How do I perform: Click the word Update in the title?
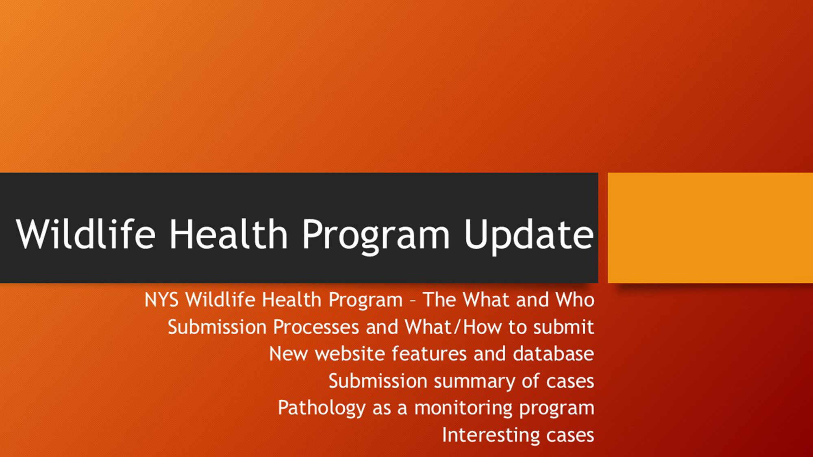click(529, 235)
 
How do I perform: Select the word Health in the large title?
click(228, 234)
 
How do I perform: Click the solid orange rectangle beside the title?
click(710, 227)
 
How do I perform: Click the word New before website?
click(288, 354)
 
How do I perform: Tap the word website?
click(350, 353)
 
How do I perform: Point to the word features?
click(429, 353)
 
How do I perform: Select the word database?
click(553, 353)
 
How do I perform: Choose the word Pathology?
click(322, 408)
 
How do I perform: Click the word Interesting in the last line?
click(491, 435)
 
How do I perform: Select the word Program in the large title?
click(376, 235)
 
